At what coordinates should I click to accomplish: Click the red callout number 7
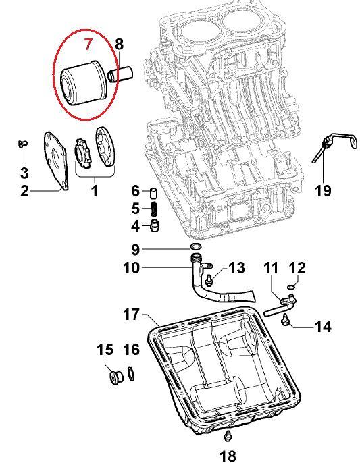pyautogui.click(x=88, y=45)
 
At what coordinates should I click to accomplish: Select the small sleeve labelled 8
pyautogui.click(x=121, y=74)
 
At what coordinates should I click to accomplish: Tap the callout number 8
pyautogui.click(x=119, y=44)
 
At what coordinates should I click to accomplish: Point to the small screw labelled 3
pyautogui.click(x=22, y=144)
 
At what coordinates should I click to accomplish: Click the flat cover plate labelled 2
pyautogui.click(x=56, y=160)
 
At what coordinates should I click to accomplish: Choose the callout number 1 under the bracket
pyautogui.click(x=95, y=191)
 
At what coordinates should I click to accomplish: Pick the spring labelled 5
pyautogui.click(x=154, y=209)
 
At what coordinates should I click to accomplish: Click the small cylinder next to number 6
pyautogui.click(x=154, y=194)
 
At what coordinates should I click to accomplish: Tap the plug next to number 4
pyautogui.click(x=155, y=226)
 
